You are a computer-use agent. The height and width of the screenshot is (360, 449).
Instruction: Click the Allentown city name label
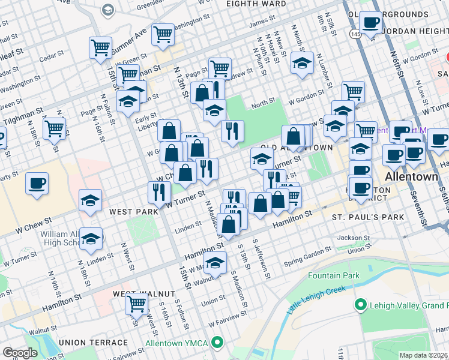pos(411,177)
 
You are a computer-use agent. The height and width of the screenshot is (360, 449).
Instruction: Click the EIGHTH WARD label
pos(256,4)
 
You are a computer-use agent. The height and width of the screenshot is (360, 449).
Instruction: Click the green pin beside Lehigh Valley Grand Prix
pos(360,305)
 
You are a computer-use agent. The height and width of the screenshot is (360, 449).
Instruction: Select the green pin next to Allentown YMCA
pos(217,344)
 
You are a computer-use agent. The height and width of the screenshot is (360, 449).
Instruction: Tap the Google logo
pos(20,352)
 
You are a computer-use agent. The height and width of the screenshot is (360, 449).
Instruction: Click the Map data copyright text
pos(424,355)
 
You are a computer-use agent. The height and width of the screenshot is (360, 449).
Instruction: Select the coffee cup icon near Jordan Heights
pos(370,22)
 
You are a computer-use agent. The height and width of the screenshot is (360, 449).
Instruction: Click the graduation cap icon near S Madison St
pos(215,262)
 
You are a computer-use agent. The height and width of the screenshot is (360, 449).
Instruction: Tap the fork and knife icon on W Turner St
pos(158,191)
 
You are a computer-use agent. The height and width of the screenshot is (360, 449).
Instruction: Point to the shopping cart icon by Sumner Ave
pos(163,35)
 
